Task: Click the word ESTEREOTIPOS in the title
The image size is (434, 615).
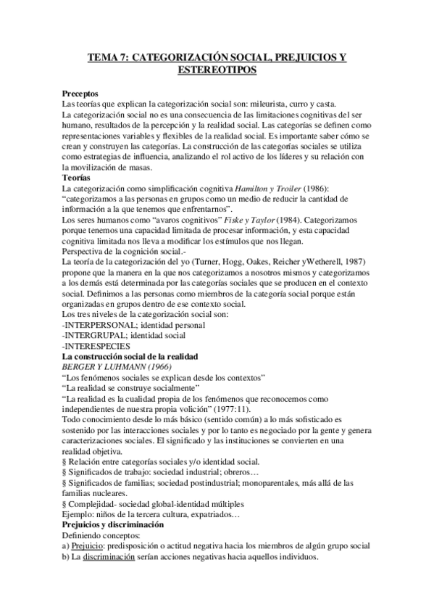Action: [217, 71]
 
